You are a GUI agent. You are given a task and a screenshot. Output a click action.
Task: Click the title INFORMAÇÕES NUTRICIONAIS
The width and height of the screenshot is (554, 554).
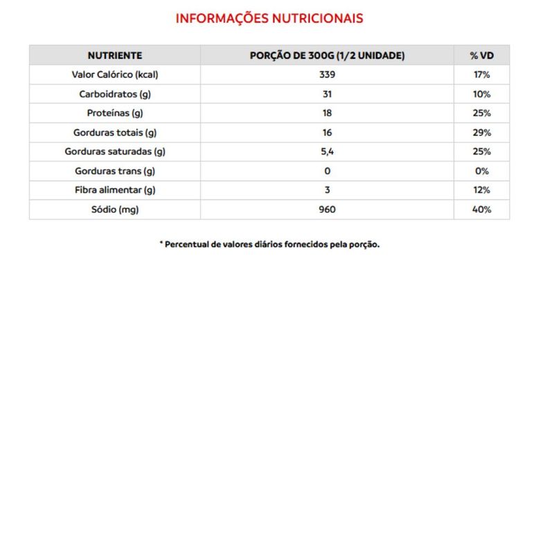269,19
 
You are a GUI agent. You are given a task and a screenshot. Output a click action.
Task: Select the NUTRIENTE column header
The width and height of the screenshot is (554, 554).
115,55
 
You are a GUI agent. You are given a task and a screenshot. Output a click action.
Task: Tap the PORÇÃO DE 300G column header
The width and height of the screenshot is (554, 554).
327,55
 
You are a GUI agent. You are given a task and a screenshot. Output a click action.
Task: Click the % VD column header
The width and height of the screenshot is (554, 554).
481,55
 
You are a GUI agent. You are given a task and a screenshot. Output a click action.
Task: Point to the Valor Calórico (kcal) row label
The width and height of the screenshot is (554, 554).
115,75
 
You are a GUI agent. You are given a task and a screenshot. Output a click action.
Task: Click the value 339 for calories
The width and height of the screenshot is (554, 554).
327,75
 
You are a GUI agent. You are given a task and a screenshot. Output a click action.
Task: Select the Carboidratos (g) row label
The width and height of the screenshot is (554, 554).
115,94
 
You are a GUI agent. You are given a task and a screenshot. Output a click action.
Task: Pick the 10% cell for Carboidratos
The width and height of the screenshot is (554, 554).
482,94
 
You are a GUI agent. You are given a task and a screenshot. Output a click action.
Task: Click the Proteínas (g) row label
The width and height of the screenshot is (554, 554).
115,114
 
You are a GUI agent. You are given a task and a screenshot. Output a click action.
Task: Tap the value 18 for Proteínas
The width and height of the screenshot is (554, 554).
327,114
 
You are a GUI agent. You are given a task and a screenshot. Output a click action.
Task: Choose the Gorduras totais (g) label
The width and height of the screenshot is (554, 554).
115,133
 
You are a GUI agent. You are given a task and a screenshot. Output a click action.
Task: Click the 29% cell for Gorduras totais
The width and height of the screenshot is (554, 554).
482,133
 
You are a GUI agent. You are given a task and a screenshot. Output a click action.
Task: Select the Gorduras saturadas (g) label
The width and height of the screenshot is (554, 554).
115,152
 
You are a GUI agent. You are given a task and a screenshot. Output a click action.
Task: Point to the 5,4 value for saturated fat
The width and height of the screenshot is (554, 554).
327,152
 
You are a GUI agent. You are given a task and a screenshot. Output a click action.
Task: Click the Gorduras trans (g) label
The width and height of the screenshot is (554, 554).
115,171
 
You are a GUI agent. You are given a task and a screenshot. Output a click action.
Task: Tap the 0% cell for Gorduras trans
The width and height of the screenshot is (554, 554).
482,171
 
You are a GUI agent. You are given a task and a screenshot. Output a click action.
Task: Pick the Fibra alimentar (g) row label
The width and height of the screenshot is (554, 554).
115,190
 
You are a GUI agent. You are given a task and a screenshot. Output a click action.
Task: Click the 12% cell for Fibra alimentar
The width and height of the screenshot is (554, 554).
482,190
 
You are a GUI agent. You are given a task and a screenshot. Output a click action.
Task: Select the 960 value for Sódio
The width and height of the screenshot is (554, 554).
327,209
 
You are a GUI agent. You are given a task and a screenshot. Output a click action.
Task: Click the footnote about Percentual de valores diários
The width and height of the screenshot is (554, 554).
269,244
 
